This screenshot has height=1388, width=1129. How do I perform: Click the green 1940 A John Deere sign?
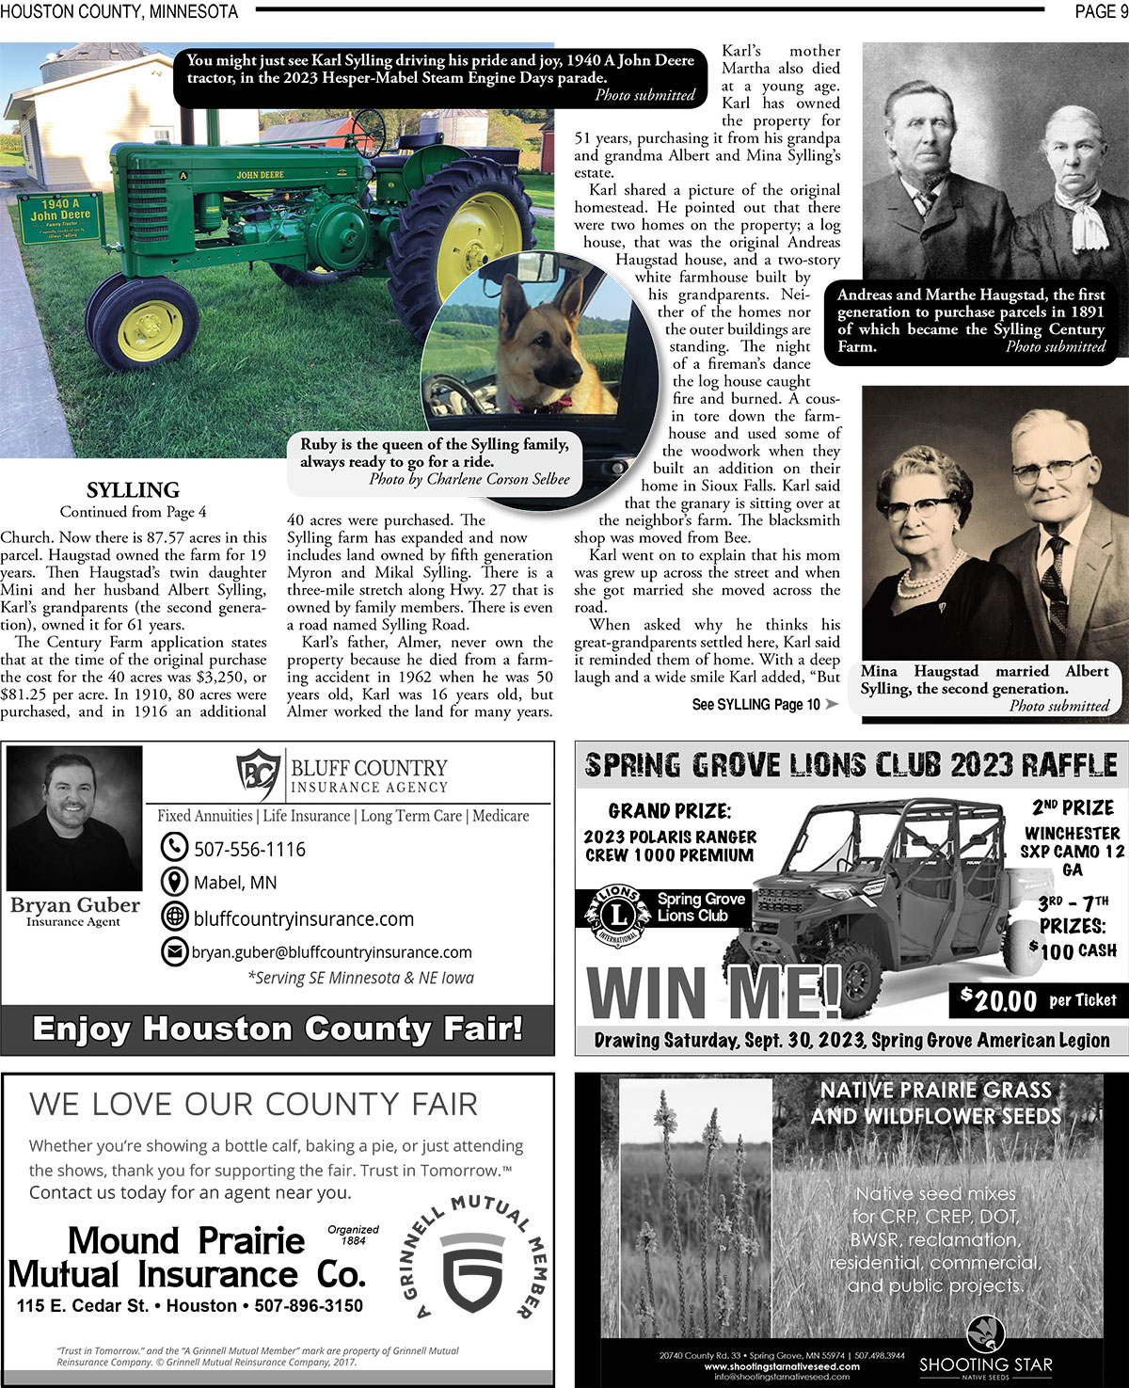click(x=60, y=217)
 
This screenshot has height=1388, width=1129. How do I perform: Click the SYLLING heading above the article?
click(x=133, y=490)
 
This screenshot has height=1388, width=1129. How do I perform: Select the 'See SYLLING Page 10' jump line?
click(x=756, y=704)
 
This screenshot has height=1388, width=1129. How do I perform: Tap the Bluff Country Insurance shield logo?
click(x=258, y=774)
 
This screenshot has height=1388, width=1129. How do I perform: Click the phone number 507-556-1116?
click(x=249, y=849)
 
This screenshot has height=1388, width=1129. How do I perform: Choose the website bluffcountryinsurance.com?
click(x=303, y=918)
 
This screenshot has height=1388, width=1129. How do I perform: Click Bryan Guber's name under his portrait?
click(x=75, y=905)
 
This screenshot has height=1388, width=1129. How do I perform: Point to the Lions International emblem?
click(x=617, y=914)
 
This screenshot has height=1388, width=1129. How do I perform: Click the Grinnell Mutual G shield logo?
click(x=472, y=1271)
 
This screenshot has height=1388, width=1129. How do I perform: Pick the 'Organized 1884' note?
click(x=353, y=1235)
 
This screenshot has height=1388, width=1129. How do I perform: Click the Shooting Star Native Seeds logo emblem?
click(x=985, y=1333)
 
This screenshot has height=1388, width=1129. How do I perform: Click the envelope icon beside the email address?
click(x=175, y=952)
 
